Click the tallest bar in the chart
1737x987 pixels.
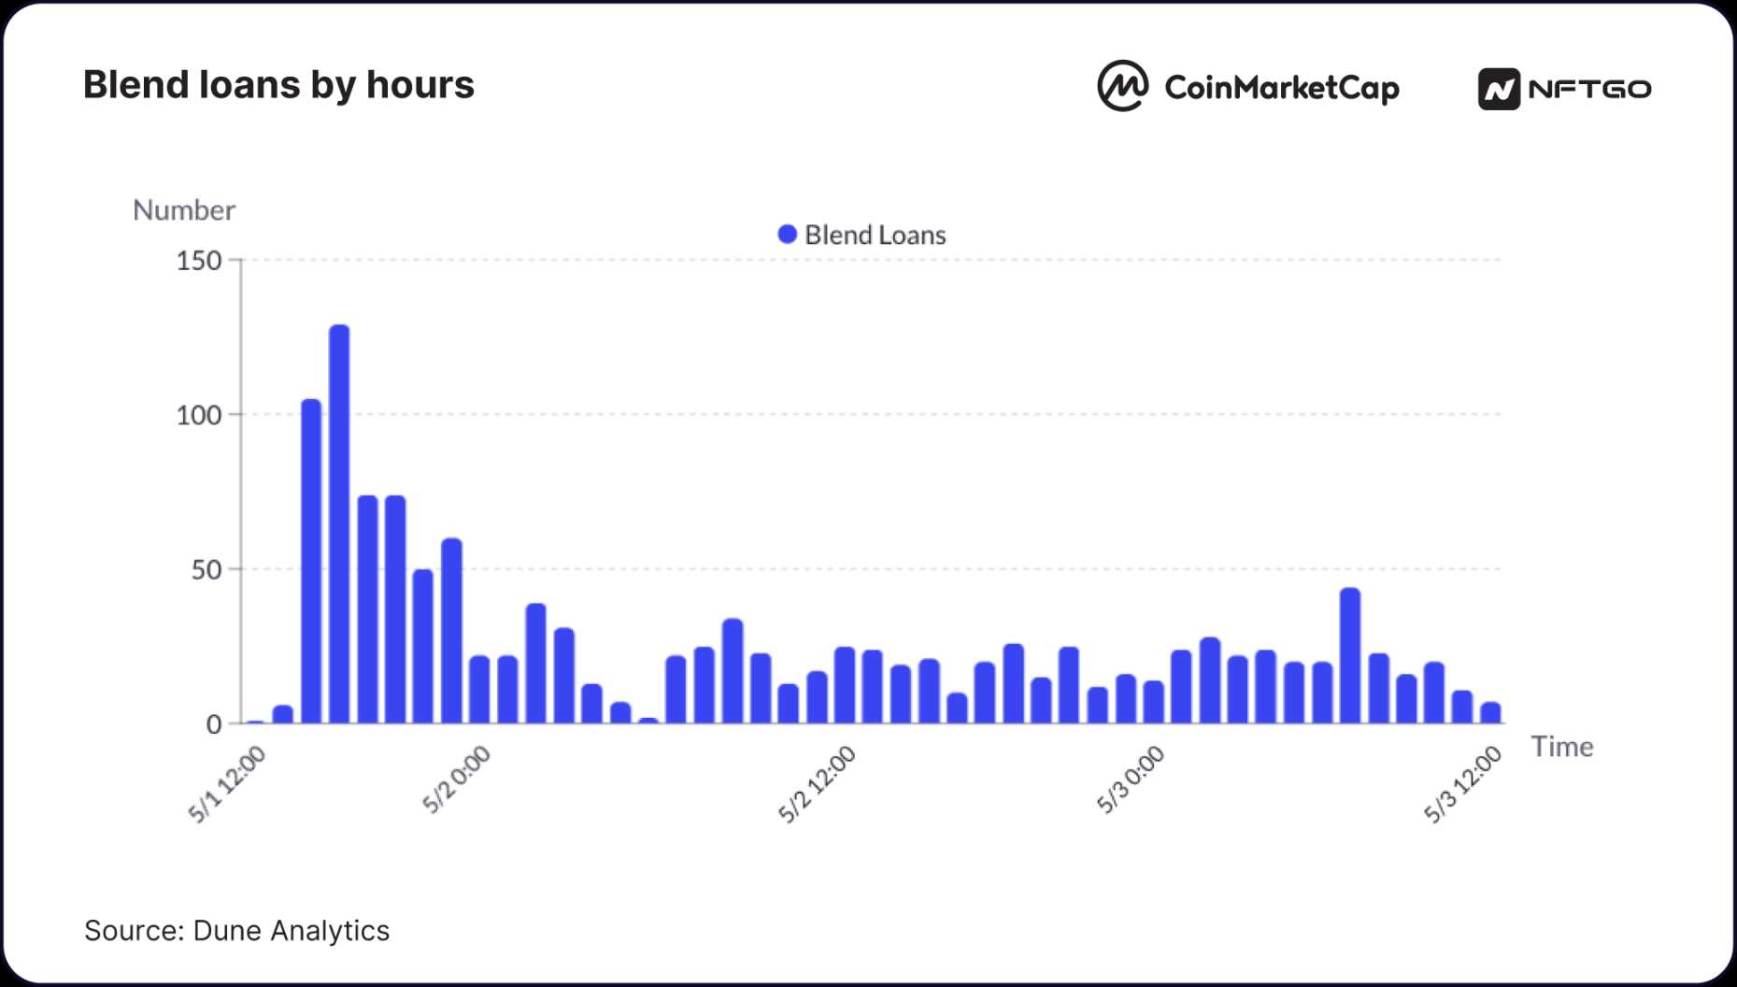coord(339,523)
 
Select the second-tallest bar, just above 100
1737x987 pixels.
coord(311,561)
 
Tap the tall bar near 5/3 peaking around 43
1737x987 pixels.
coord(1349,655)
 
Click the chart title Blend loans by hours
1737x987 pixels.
coord(278,85)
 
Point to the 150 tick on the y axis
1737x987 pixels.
coord(199,261)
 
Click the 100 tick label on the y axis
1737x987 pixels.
coord(199,415)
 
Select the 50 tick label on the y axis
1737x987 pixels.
coord(206,570)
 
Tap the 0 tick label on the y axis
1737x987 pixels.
coord(214,724)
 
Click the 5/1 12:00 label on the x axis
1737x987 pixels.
coord(227,784)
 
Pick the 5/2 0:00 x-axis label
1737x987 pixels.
coord(456,780)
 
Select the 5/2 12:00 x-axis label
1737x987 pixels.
coord(817,784)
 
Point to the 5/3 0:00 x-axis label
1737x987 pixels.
coord(1131,780)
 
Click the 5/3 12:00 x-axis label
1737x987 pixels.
coord(1462,784)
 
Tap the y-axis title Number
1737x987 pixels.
coord(184,210)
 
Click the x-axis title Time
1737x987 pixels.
coord(1561,747)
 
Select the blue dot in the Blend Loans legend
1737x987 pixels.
coord(788,235)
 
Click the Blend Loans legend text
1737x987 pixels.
coord(875,236)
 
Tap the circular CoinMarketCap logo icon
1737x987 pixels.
coord(1122,86)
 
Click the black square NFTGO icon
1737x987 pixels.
coord(1499,89)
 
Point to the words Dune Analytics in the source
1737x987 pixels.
coord(291,931)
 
